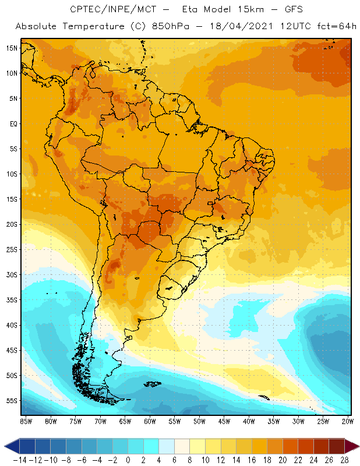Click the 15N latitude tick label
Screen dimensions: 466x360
pos(11,48)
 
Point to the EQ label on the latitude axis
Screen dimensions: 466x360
pos(12,123)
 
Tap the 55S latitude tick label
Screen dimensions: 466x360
pos(11,401)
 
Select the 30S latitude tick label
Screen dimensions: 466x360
pos(11,274)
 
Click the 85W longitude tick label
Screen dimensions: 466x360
pos(26,421)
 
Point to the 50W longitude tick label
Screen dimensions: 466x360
pos(200,421)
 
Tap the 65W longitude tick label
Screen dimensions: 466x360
pos(125,421)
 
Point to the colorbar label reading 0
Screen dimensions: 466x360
pos(128,460)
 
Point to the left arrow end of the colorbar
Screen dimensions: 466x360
pos(10,446)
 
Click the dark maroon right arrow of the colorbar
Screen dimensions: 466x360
pos(352,446)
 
